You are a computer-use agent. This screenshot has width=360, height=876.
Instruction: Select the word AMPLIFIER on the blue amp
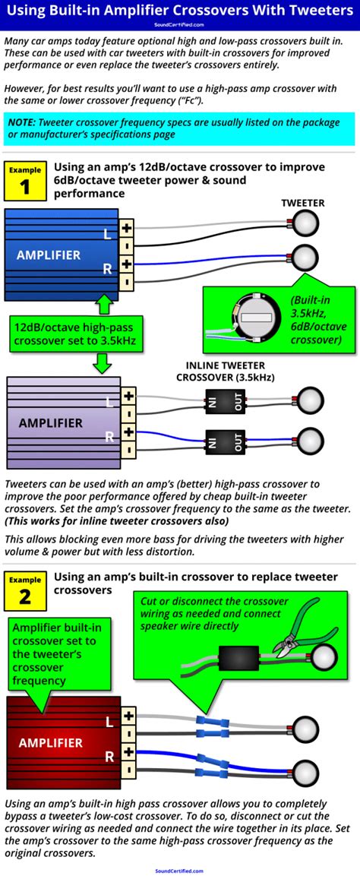(49, 255)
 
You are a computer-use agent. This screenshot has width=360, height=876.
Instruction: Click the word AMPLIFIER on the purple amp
(51, 422)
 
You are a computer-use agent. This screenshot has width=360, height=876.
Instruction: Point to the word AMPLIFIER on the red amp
(51, 742)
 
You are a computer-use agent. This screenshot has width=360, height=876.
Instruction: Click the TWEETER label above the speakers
(302, 203)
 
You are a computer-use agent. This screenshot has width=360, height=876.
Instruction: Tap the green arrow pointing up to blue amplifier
(105, 305)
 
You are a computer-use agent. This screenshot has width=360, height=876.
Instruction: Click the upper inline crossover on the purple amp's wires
(226, 400)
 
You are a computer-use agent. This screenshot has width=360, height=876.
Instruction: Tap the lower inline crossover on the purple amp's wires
(226, 441)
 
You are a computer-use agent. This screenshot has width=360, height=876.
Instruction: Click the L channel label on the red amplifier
(108, 722)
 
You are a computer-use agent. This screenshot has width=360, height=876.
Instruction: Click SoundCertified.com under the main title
(179, 24)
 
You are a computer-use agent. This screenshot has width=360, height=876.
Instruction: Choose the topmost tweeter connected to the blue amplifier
(307, 224)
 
